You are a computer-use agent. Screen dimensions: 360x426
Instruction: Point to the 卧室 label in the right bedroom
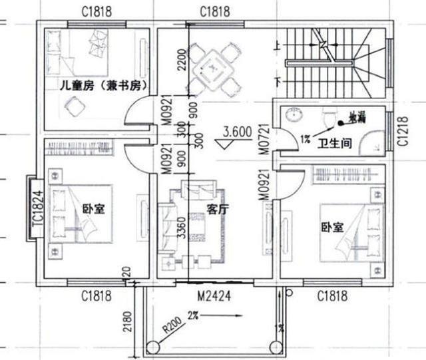(x=331, y=227)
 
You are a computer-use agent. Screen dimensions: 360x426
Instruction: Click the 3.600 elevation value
(x=238, y=132)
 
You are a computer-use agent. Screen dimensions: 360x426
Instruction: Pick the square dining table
(x=214, y=67)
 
